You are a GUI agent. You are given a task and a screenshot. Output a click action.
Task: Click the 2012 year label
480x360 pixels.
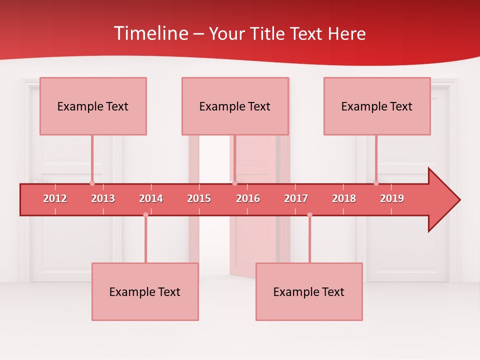tap(55, 198)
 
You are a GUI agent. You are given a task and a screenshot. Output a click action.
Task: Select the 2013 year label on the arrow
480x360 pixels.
tap(103, 198)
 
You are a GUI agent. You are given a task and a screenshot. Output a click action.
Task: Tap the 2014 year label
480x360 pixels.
tap(151, 198)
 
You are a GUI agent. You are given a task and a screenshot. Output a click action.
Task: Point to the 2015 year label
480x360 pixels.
tap(199, 198)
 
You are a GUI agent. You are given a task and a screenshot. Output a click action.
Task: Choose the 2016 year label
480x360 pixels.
tap(248, 198)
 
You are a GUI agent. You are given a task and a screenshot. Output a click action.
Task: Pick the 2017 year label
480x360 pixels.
tap(296, 198)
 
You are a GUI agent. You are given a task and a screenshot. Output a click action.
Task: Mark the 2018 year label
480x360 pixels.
tap(344, 198)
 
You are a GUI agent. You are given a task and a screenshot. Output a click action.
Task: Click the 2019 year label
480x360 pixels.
tap(392, 198)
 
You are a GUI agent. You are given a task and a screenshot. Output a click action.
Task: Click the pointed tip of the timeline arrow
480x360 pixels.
tap(458, 200)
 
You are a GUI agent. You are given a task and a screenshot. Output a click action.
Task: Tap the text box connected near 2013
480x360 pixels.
tap(93, 106)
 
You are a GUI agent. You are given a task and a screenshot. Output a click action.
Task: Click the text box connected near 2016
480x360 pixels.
tap(235, 106)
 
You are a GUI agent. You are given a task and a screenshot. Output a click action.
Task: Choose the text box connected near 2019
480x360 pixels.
tap(377, 106)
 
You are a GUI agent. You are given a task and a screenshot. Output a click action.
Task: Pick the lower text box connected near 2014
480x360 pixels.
tap(145, 291)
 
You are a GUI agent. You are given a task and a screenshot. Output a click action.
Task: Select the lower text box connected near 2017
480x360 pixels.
tap(309, 291)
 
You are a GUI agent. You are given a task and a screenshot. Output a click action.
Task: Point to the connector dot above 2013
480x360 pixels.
tap(92, 183)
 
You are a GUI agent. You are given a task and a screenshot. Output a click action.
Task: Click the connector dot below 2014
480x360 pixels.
tap(145, 215)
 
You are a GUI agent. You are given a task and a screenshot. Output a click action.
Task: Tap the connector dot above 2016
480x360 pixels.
tap(234, 183)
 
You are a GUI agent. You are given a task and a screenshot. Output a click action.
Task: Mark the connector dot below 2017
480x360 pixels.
tap(309, 215)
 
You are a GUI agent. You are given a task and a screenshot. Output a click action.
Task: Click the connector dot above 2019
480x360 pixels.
tap(376, 183)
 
